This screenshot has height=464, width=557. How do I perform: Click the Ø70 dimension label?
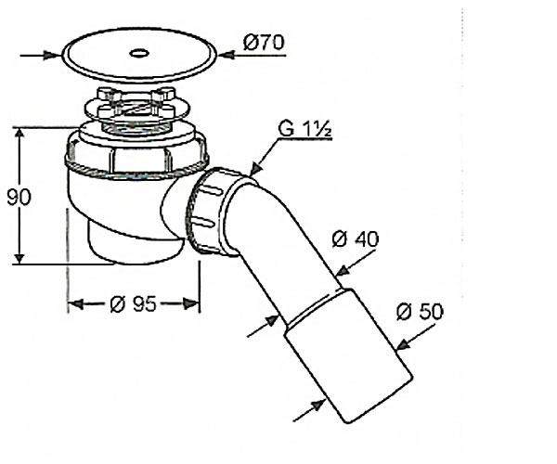pos(264,43)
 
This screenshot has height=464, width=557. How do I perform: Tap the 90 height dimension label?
pos(19,197)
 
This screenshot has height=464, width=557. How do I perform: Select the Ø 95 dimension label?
pos(133,304)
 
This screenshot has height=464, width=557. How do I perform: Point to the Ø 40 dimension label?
pos(356,239)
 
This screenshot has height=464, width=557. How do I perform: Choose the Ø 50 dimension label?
pos(420,312)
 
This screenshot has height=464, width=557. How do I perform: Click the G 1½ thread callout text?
pos(305,129)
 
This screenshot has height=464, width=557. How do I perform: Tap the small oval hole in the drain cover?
pos(139,54)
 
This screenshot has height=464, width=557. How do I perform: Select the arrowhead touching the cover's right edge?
pos(227,55)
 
